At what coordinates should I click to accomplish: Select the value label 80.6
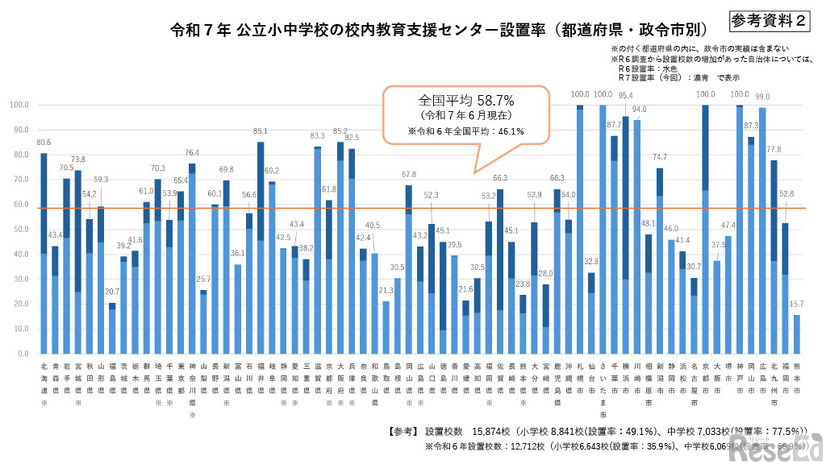click(42, 143)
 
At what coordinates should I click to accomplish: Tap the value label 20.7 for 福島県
click(111, 290)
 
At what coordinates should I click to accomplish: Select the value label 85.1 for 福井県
click(260, 131)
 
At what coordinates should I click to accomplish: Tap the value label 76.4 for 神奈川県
click(192, 153)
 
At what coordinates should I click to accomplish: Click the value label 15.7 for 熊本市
click(796, 304)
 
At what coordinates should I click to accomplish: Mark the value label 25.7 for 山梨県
click(203, 279)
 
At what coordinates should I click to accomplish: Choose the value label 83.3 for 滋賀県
click(317, 136)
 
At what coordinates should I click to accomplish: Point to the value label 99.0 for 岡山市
click(762, 97)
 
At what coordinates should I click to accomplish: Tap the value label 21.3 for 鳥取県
click(385, 290)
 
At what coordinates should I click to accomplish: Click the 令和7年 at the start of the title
click(200, 29)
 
